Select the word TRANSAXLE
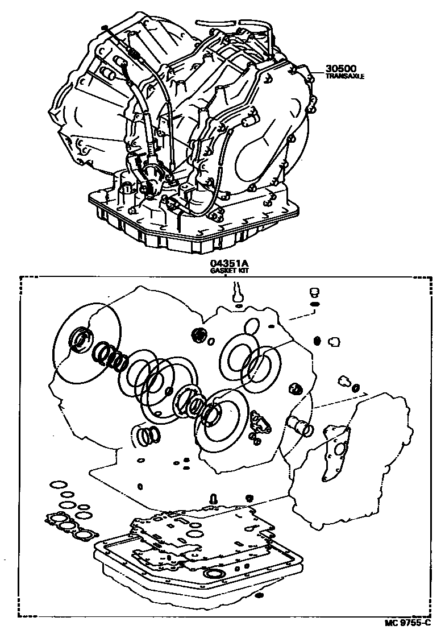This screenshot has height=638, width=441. pyautogui.click(x=344, y=76)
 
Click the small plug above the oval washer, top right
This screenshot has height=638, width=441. pyautogui.click(x=312, y=293)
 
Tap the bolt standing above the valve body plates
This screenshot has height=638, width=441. pyautogui.click(x=213, y=498)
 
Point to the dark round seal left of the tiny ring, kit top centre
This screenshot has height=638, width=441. pyautogui.click(x=199, y=335)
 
